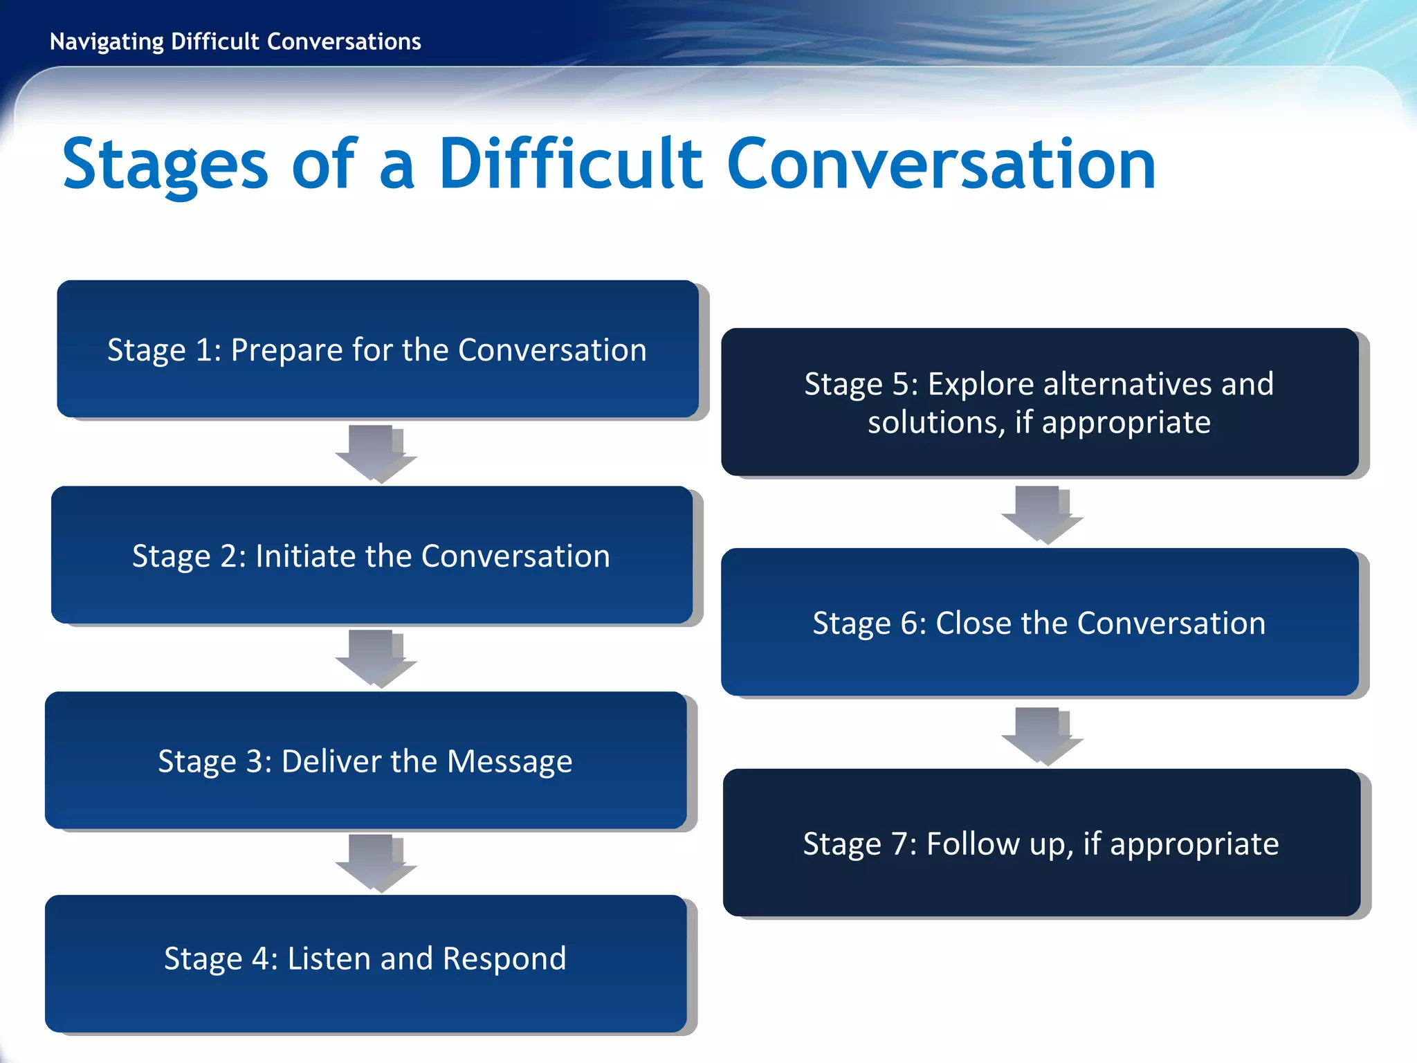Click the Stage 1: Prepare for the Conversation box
pos(377,349)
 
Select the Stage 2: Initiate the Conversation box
pos(372,555)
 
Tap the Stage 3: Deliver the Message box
pos(365,760)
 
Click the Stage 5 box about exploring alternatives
pos(1039,402)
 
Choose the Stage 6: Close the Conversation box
pos(1039,622)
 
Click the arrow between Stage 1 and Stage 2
pos(374,453)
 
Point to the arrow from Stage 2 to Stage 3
pos(374,657)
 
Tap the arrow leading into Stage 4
pos(374,862)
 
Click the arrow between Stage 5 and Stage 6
pos(1040,514)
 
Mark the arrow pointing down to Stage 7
pos(1040,735)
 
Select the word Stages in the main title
pos(165,166)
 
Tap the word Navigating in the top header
pos(107,42)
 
